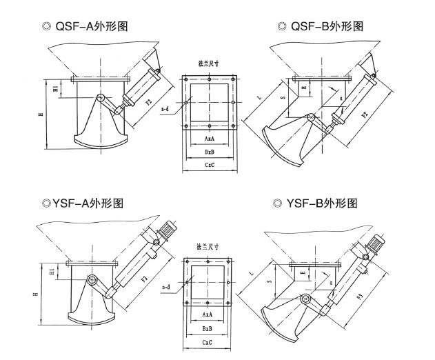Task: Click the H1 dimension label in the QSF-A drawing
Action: (x=57, y=88)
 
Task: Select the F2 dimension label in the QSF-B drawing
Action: (x=365, y=111)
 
